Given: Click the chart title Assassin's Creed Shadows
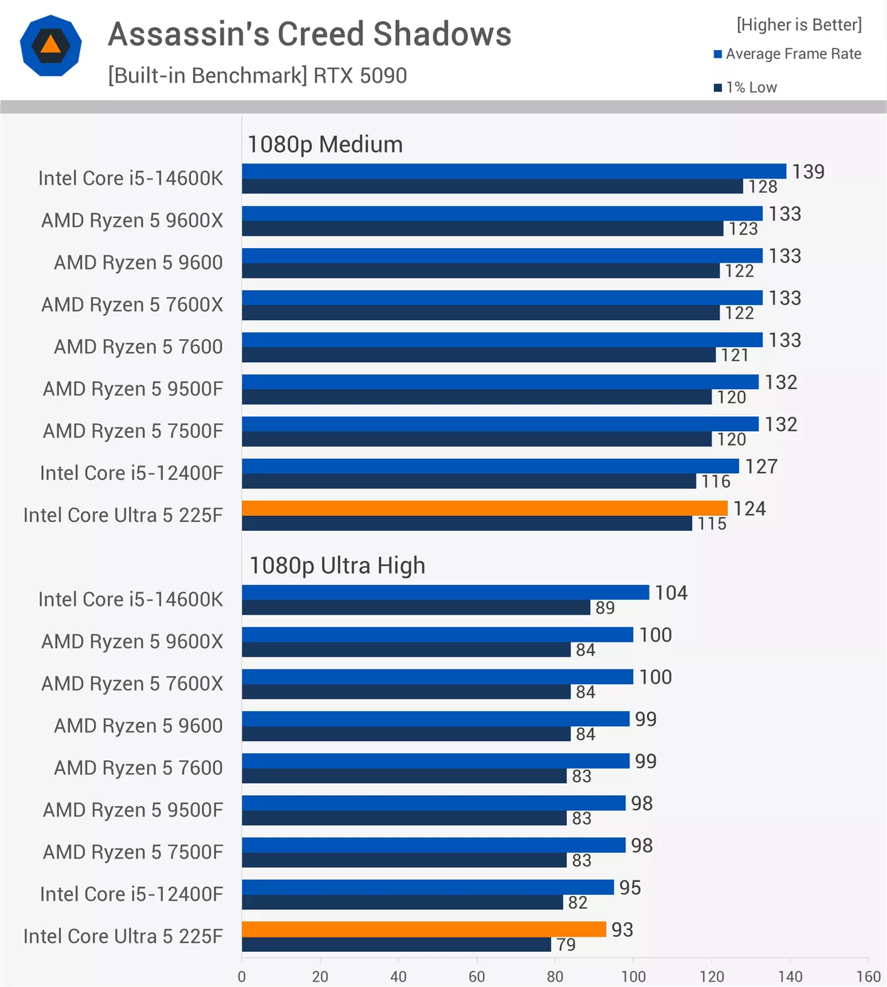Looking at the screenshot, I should point(309,34).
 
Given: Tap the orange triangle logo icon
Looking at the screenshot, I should point(51,45).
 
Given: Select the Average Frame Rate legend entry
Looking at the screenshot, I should point(788,54).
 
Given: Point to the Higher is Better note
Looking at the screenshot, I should point(799,24).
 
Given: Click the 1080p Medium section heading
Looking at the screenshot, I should point(325,144).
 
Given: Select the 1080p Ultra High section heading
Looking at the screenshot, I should point(337,565).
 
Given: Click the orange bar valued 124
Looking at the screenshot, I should point(484,508).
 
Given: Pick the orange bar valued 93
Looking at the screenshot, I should point(423,929).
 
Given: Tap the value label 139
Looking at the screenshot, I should point(808,171).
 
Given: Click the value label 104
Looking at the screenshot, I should point(671,592).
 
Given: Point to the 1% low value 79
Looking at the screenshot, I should point(566,944).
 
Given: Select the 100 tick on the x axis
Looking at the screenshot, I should point(633,976).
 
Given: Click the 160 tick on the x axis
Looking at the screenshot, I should point(868,976).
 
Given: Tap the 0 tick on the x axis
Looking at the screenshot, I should point(242,976).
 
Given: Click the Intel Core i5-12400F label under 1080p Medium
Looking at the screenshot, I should point(131,473).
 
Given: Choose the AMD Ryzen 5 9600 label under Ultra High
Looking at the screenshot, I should point(138,725).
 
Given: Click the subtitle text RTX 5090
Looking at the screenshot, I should point(360,76).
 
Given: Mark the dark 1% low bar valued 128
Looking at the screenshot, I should point(492,187).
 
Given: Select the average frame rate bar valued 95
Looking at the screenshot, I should point(427,887).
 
